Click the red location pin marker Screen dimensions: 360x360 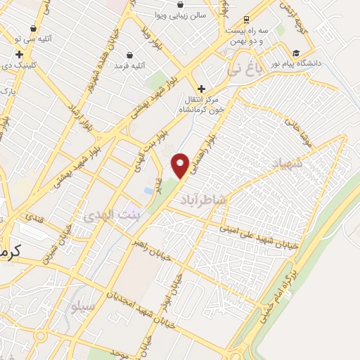pyautogui.click(x=181, y=165)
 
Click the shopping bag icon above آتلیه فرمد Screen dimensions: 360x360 pyautogui.click(x=130, y=55)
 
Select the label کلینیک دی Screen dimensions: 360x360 pyautogui.click(x=18, y=65)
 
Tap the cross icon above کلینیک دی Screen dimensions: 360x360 pyautogui.click(x=18, y=53)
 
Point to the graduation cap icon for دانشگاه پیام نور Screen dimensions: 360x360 pyautogui.click(x=296, y=53)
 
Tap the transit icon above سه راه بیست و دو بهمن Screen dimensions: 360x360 pyautogui.click(x=245, y=20)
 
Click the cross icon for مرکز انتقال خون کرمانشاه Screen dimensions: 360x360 pyautogui.click(x=202, y=89)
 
